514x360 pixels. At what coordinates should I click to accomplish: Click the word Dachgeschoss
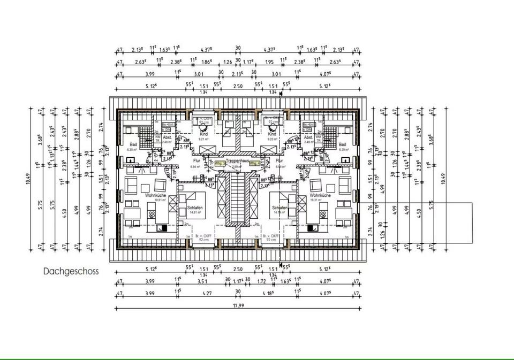pos(71,271)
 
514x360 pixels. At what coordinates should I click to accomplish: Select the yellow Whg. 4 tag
pos(254,164)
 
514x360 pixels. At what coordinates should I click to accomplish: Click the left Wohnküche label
pos(155,196)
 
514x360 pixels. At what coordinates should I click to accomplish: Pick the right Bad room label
pos(342,144)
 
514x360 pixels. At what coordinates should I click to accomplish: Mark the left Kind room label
pos(203,133)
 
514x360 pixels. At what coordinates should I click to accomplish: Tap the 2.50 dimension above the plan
pos(238,86)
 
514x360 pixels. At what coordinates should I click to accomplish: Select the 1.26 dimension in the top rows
pos(228,62)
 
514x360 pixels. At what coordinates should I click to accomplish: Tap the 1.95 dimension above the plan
pos(269,62)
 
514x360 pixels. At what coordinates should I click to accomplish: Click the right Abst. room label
pos(308,137)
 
